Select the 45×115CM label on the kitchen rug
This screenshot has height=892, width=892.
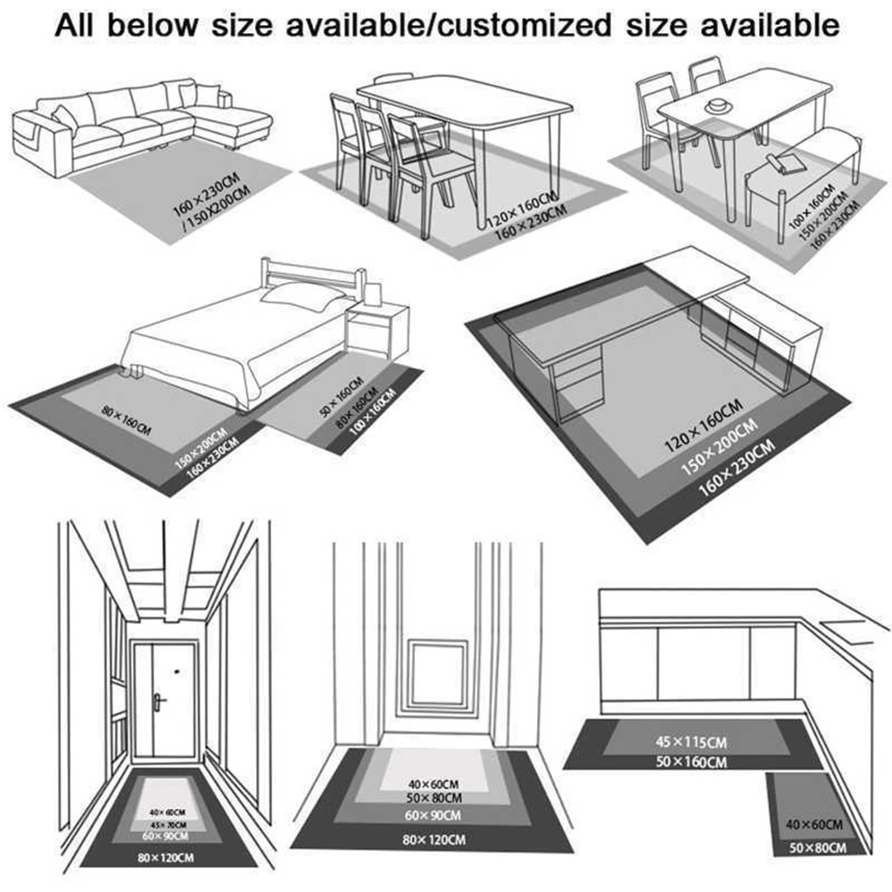click(x=690, y=741)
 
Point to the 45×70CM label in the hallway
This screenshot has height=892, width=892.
click(x=166, y=823)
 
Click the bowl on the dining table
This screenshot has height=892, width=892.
click(x=715, y=107)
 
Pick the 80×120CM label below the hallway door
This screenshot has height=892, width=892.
click(x=166, y=857)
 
